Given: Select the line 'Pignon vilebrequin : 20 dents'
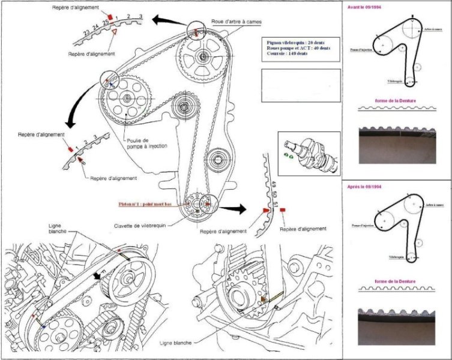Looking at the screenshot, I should point(298,43).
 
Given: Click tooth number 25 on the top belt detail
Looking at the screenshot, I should point(105,22).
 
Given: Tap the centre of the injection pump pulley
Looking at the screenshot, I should point(127,98).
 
